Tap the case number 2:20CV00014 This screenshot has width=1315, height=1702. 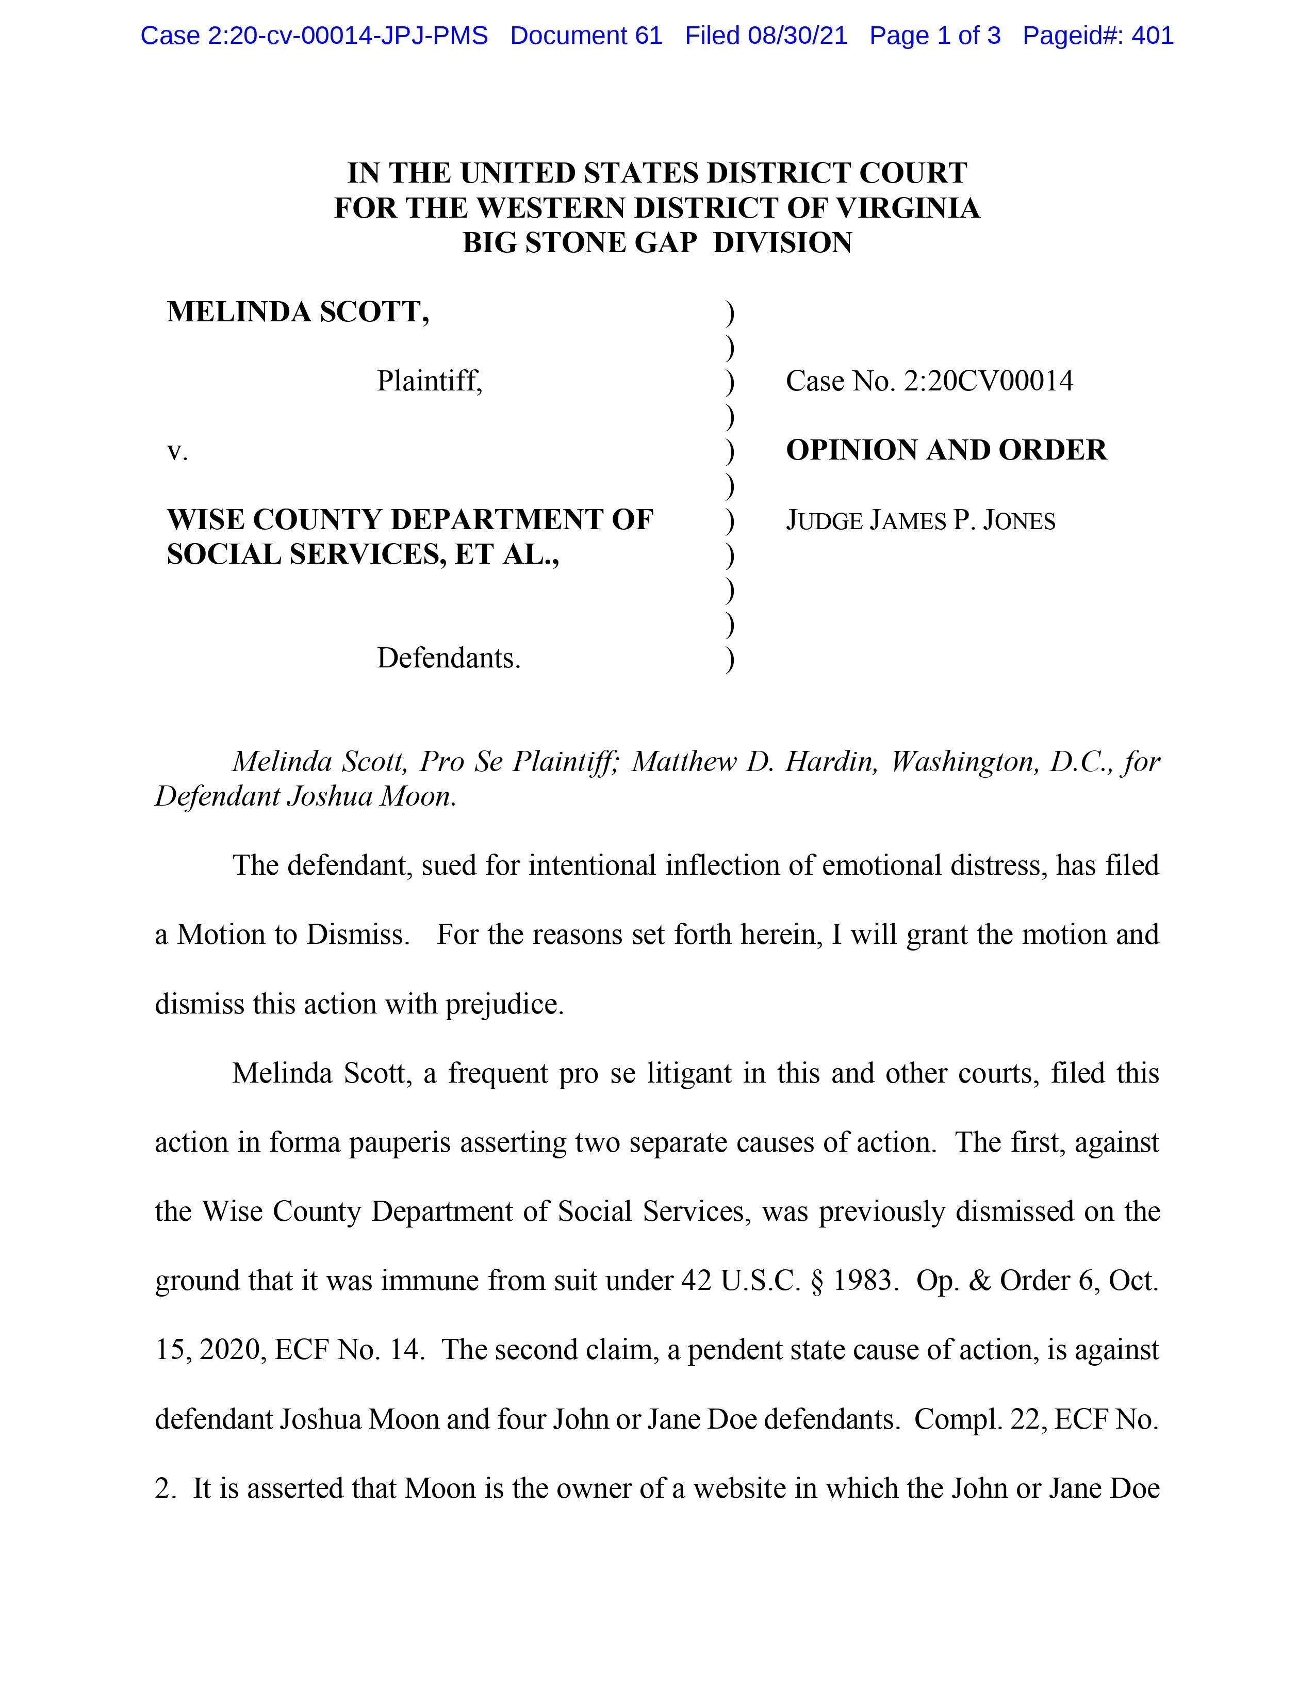(x=988, y=381)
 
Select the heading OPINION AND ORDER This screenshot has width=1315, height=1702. (x=946, y=450)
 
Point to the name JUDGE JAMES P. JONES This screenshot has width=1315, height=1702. (x=920, y=520)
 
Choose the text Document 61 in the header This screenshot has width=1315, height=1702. (x=586, y=36)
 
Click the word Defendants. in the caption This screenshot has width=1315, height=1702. (x=449, y=659)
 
